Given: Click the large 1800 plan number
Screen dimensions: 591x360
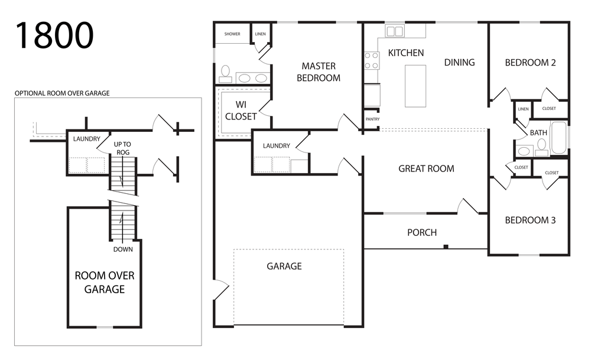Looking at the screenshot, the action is tap(54, 35).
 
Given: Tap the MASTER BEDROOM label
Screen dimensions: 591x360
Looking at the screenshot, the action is tap(319, 72).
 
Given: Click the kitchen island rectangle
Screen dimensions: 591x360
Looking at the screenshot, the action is tap(415, 86).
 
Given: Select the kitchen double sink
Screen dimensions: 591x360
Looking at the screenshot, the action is tap(395, 31).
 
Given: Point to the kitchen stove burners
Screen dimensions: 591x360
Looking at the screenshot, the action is tap(371, 61).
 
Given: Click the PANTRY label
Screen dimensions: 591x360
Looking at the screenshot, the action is tap(372, 119).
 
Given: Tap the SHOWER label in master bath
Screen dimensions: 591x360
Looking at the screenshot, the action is tap(232, 34).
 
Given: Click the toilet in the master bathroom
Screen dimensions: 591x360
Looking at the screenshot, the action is tap(225, 74).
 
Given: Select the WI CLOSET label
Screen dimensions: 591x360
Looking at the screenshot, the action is tap(241, 111).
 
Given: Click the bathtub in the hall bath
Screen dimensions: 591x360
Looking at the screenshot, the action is tap(558, 137).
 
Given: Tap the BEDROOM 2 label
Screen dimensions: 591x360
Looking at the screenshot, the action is tap(530, 63).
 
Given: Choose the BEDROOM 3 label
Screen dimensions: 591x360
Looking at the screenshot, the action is tap(530, 220).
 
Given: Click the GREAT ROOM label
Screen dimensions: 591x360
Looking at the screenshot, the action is tap(426, 168).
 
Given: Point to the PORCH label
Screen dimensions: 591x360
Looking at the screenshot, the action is tap(422, 232).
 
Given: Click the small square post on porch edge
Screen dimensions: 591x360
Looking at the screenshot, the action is tap(446, 247).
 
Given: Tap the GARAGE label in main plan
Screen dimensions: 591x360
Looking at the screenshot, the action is tap(284, 266).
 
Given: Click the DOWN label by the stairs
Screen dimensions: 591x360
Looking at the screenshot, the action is tap(124, 249).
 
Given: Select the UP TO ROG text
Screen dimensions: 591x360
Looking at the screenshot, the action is tap(122, 148).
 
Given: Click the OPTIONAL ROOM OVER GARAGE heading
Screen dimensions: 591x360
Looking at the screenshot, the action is tap(62, 93).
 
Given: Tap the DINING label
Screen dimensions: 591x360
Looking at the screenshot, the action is tap(459, 62).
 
